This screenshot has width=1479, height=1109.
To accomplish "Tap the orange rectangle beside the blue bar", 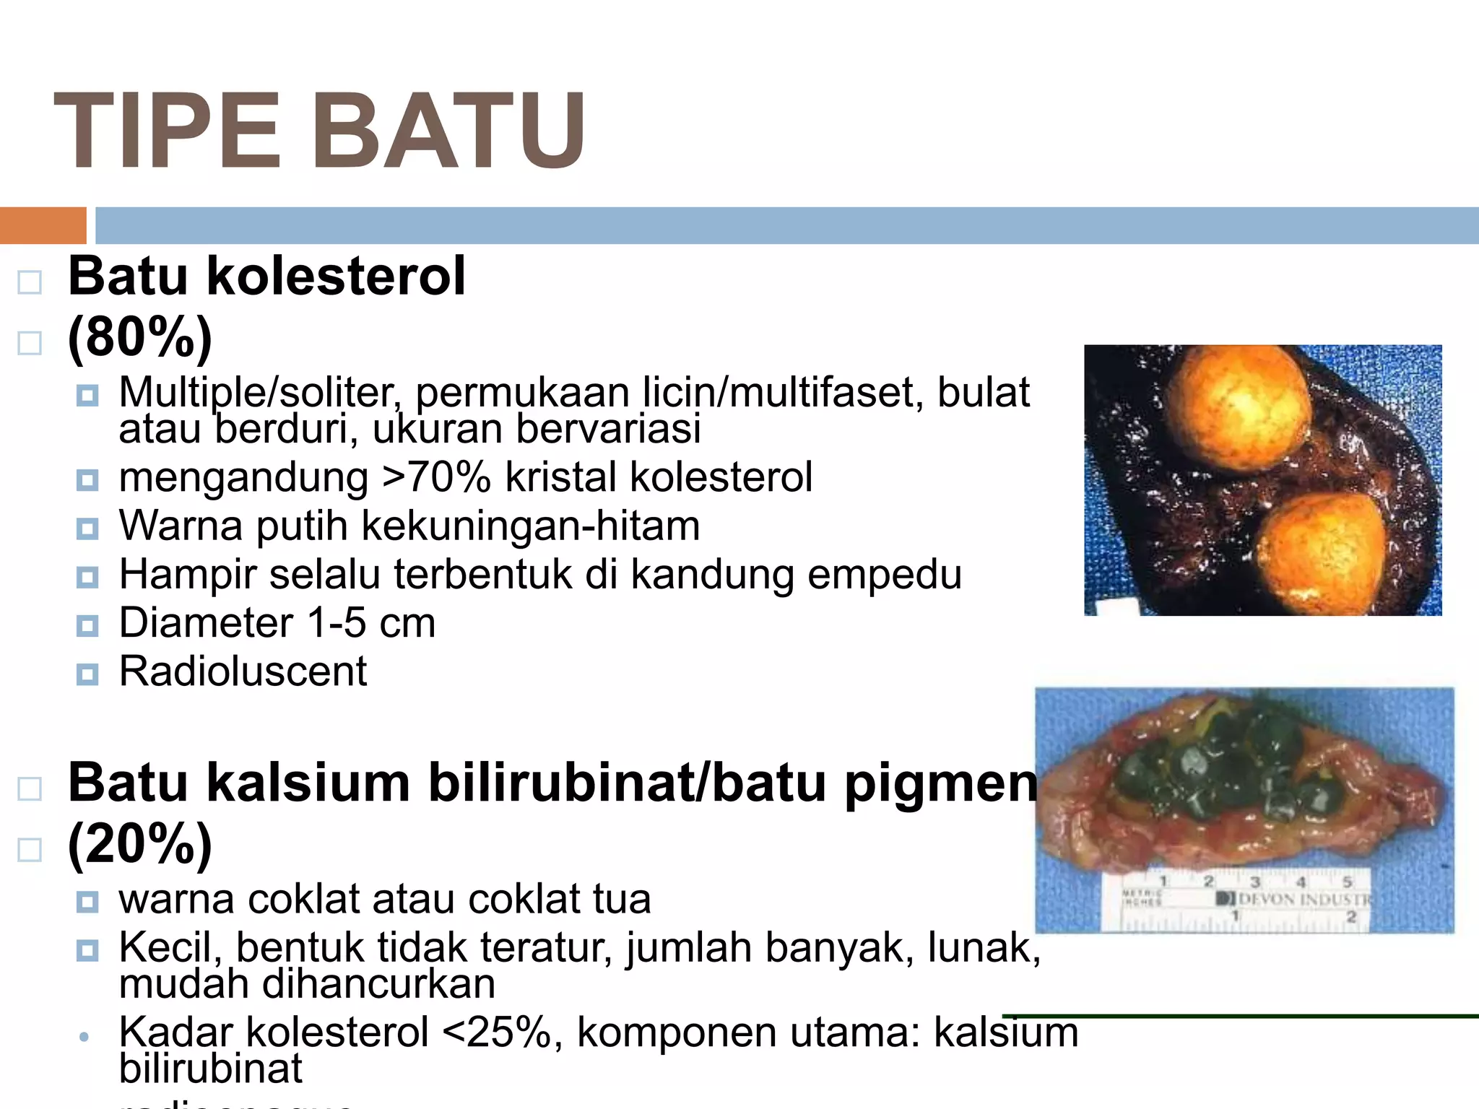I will point(43,225).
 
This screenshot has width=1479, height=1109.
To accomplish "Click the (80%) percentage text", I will point(140,337).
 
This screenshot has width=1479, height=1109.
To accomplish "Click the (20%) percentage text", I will point(140,843).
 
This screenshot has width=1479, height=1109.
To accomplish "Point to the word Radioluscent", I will point(243,671).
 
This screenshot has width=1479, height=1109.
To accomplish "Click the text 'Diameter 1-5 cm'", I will point(277,622).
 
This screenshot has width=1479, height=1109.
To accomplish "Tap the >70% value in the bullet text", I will point(436,477).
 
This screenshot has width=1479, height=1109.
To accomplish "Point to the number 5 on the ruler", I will point(1347,882).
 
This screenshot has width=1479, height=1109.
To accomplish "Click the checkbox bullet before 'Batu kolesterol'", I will point(30,282).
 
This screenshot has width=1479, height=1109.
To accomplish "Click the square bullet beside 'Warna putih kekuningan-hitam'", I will point(87,529).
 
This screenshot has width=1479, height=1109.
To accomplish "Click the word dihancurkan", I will point(378,985).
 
